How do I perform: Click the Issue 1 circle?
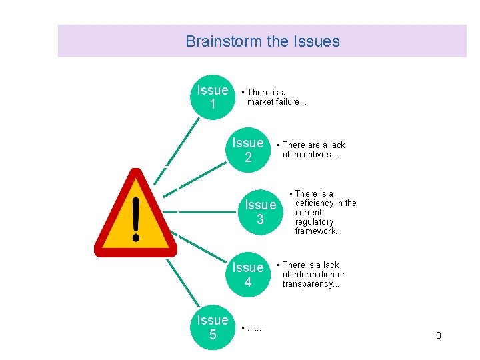(x=213, y=97)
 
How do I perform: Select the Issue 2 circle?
(x=248, y=150)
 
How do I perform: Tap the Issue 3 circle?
(x=260, y=212)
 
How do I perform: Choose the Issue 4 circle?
(x=248, y=275)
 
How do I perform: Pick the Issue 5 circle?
(x=213, y=327)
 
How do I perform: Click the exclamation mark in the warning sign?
(x=136, y=218)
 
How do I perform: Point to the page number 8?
(x=438, y=335)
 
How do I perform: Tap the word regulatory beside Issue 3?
(x=315, y=222)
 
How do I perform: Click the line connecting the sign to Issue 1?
(x=179, y=144)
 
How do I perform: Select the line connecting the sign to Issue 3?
(x=207, y=213)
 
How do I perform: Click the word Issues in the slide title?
(x=316, y=41)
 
